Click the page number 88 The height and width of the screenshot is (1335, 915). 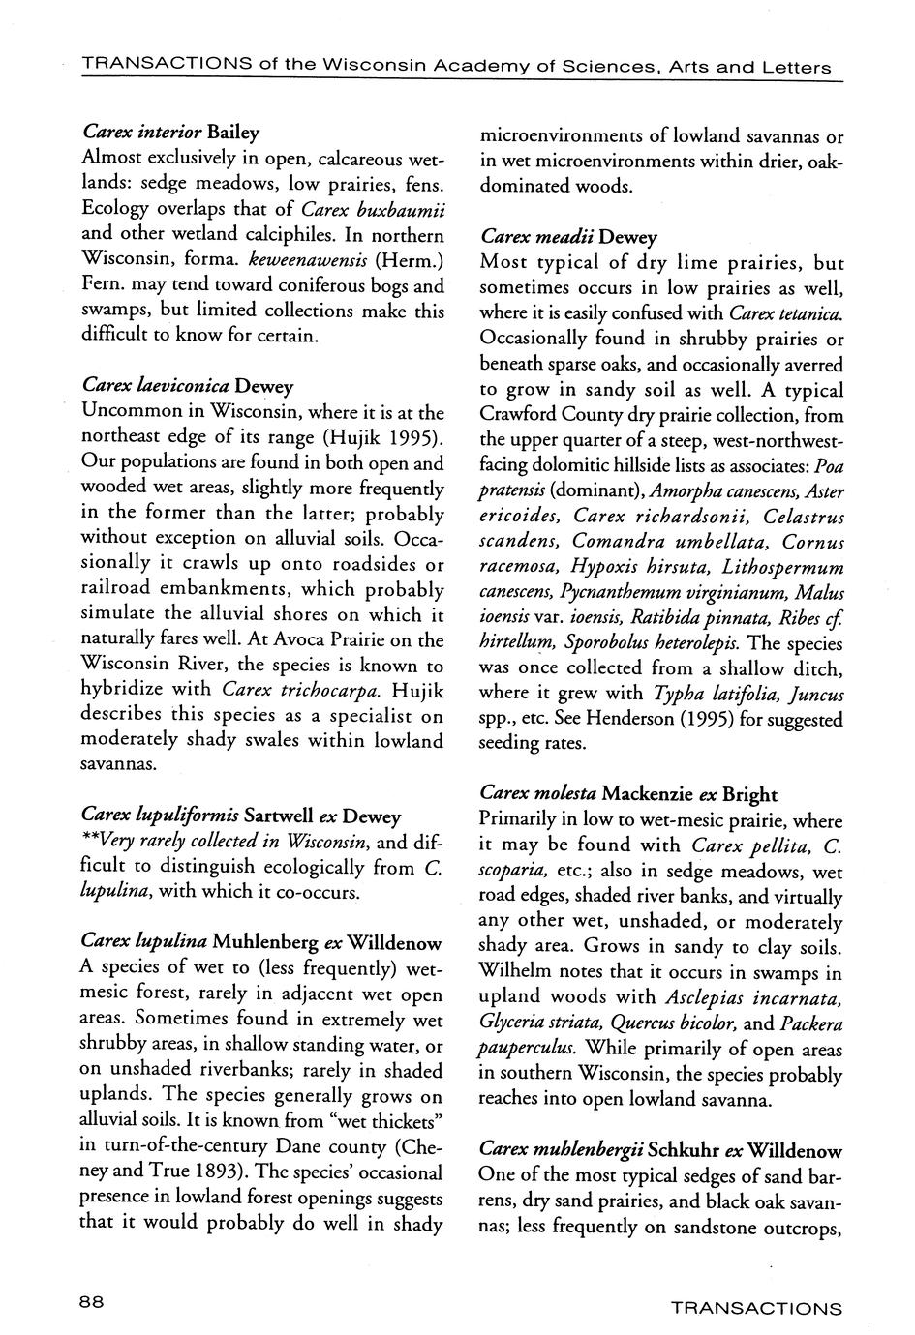tap(92, 1302)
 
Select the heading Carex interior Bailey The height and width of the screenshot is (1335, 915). tap(171, 132)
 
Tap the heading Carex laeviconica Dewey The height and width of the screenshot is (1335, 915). tap(188, 386)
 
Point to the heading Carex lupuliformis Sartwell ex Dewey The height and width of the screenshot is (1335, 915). tap(242, 816)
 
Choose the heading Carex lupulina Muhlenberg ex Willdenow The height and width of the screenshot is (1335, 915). tap(261, 942)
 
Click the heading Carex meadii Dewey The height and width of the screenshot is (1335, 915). tap(568, 237)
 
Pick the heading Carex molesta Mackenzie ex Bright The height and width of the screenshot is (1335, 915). tap(628, 794)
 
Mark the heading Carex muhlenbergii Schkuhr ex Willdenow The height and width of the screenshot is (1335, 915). tap(661, 1151)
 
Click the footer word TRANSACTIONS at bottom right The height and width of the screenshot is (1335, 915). tap(756, 1309)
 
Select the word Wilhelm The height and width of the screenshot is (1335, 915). tap(518, 971)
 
